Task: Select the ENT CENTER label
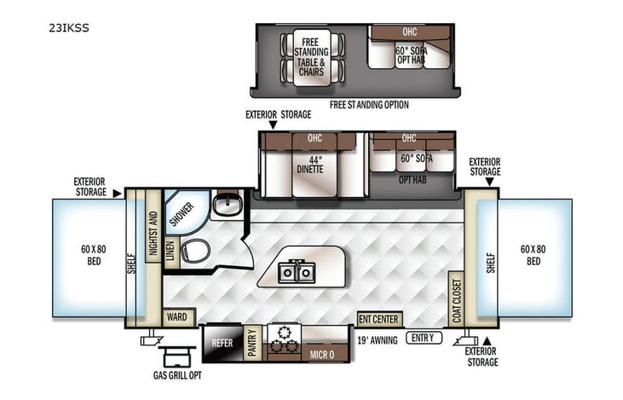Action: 379,319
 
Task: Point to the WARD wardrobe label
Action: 177,317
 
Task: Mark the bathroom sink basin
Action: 226,205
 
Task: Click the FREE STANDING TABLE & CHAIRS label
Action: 311,53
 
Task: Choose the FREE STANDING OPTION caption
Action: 369,105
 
